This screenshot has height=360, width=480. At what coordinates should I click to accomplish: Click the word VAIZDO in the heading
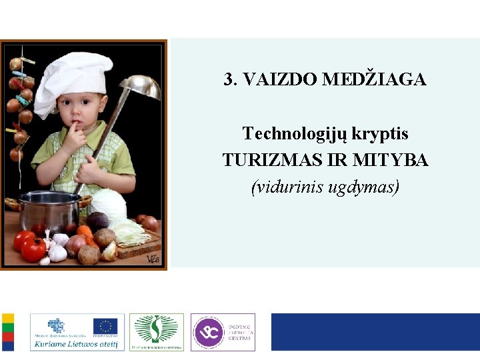[x=279, y=80]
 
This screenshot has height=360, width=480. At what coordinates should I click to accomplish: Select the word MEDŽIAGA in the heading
[x=374, y=80]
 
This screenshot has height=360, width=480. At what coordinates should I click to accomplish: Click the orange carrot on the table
[x=85, y=231]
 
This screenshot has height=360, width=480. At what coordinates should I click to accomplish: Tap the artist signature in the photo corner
[x=153, y=259]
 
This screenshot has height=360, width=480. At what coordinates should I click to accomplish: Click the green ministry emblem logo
[x=156, y=329]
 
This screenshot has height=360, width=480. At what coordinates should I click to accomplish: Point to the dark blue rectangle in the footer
[x=375, y=332]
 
